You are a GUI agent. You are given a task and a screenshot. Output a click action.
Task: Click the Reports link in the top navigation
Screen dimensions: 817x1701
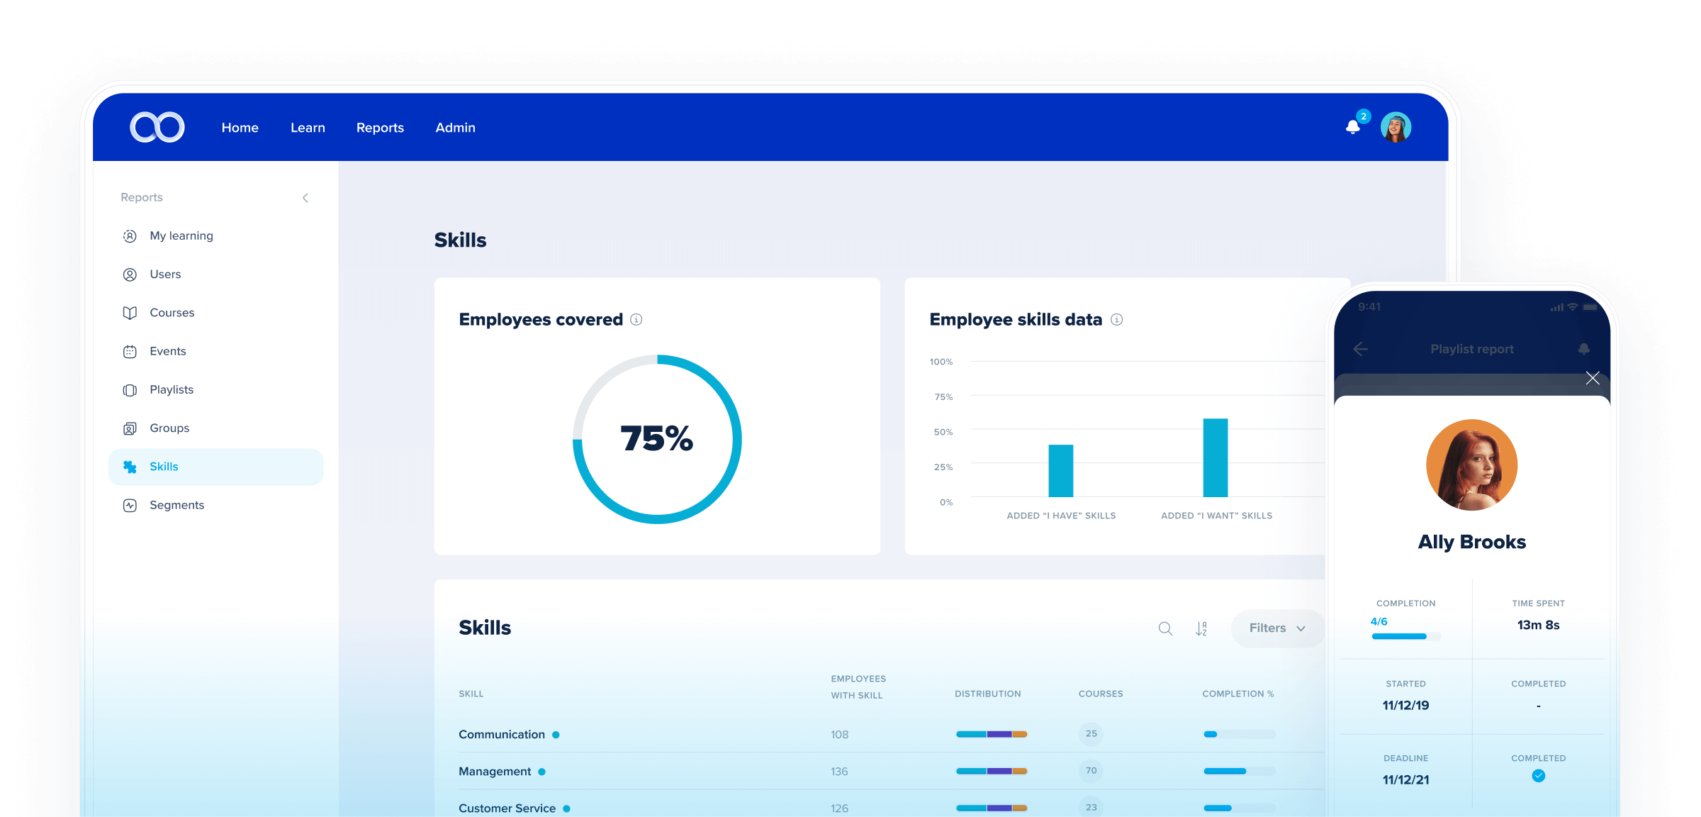380,128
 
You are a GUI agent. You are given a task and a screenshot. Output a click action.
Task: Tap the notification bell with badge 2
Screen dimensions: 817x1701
1353,127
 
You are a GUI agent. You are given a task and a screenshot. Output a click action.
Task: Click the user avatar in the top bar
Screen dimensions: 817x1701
1396,128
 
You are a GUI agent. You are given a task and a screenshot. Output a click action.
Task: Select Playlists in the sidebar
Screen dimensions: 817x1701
171,389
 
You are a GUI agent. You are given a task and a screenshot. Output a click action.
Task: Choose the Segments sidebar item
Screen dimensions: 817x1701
176,505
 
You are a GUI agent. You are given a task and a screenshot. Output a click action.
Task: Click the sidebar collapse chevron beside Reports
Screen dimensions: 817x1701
305,198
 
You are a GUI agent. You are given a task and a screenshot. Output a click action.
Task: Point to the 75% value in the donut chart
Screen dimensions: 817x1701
656,438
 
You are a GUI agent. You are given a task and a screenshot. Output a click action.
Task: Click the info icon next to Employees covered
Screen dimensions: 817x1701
636,320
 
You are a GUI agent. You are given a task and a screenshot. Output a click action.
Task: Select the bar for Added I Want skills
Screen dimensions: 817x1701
1216,457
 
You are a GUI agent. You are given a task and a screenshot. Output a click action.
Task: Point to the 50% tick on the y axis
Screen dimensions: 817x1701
943,432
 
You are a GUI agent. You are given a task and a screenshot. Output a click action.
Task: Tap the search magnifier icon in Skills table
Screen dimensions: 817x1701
1165,628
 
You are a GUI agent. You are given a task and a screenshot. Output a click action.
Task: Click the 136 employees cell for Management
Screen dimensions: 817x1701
839,772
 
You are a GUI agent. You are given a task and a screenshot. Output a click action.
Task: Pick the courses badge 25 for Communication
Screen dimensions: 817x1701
1091,734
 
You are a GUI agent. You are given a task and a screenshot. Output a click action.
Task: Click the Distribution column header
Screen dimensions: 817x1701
987,694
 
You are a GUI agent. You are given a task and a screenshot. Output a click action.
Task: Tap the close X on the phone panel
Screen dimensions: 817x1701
1593,378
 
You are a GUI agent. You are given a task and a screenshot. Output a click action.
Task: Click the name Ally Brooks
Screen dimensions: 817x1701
1471,542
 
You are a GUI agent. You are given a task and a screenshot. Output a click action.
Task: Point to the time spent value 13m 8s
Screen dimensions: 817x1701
1538,625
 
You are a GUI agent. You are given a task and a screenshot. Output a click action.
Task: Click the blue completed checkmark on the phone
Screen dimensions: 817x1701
1538,776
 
